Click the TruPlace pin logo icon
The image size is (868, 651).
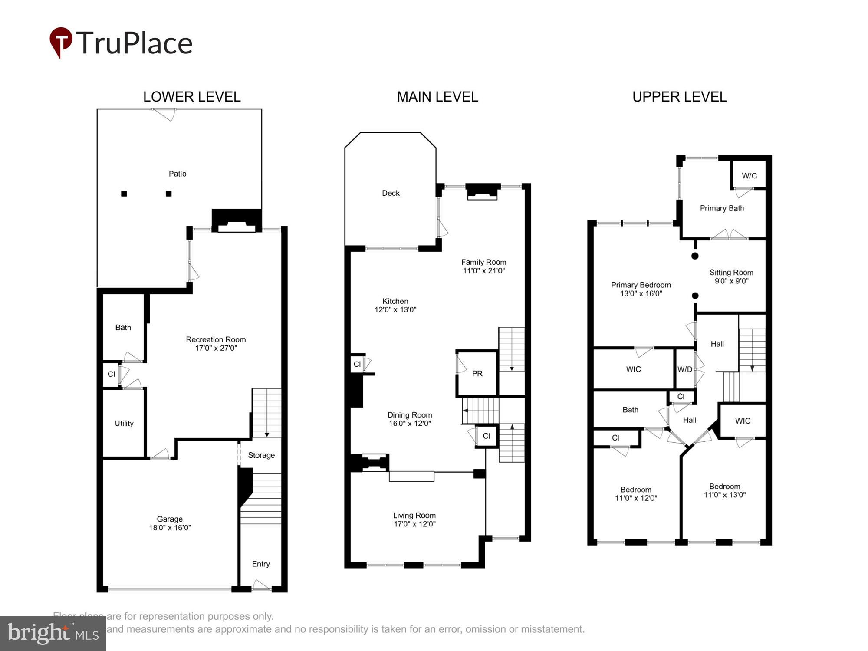click(x=60, y=42)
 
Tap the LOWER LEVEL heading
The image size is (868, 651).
click(x=192, y=97)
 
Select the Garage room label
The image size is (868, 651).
click(x=170, y=519)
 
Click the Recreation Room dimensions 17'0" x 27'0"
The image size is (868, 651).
click(x=216, y=348)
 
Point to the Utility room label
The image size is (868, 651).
click(x=124, y=423)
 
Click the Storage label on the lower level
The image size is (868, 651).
click(x=261, y=455)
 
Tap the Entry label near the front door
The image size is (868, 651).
click(x=261, y=564)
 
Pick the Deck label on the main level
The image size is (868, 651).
click(x=391, y=193)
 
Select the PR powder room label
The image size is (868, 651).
click(x=477, y=373)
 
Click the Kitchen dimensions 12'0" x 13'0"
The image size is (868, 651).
click(x=395, y=309)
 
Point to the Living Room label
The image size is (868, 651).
click(x=414, y=515)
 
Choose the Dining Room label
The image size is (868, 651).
click(x=410, y=415)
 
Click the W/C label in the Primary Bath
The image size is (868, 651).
click(x=749, y=176)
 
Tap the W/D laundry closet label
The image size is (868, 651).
click(x=685, y=369)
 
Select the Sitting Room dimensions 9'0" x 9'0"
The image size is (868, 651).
click(x=731, y=281)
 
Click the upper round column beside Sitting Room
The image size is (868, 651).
click(x=695, y=256)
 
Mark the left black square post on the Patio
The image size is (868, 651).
click(x=124, y=194)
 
